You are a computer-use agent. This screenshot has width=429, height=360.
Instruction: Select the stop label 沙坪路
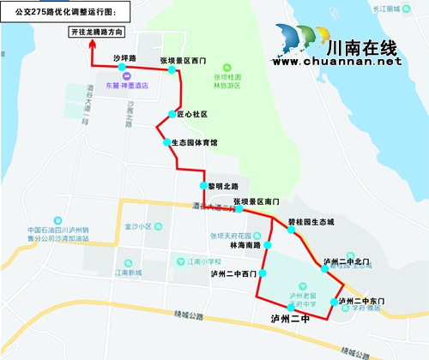125,58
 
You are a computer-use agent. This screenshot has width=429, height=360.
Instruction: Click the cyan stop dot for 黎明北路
203,185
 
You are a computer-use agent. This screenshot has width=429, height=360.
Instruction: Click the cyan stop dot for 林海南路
268,245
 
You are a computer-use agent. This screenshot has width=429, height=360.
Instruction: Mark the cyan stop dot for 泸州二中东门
333,302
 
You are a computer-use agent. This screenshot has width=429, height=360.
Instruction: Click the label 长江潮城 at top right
401,7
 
